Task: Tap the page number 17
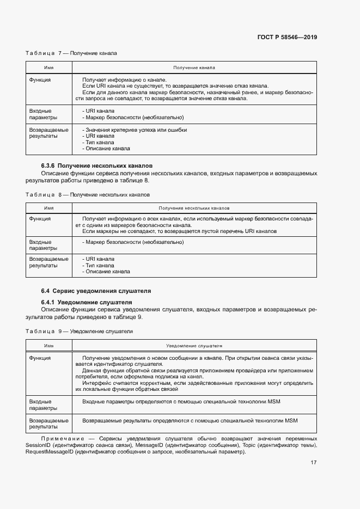[314, 462]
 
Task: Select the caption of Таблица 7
[71, 53]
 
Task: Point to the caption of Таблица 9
[80, 331]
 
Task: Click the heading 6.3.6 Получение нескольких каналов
[97, 165]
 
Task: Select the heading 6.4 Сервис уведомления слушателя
[96, 291]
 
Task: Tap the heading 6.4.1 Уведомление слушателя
[87, 302]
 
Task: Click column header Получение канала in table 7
[194, 68]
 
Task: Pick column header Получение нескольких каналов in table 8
[194, 208]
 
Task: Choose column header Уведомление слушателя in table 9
[194, 346]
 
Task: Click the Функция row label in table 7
[40, 79]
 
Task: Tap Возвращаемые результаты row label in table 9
[49, 424]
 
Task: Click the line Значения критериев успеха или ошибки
[135, 130]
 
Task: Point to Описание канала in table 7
[107, 148]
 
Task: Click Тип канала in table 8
[100, 265]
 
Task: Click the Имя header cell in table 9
[49, 346]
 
